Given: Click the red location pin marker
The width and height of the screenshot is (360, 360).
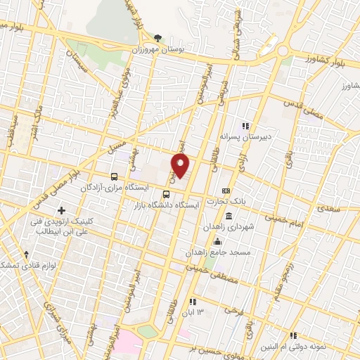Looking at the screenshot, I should pos(181,165).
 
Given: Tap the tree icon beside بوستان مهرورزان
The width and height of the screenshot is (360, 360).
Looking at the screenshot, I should pos(158,38).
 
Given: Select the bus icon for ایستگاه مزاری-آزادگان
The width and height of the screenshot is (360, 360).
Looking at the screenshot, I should pos(115,176).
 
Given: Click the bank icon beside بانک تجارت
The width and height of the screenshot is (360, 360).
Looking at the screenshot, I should pos(226,191).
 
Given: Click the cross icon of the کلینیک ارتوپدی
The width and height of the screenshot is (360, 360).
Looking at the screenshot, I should pos(62,210).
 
